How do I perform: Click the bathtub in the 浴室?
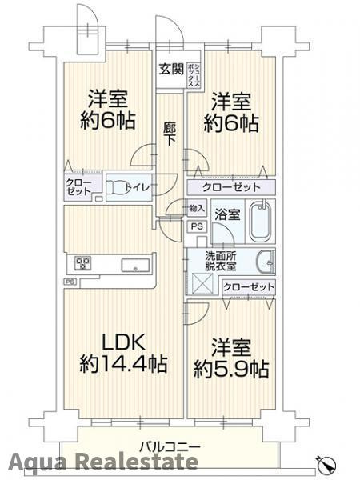262,221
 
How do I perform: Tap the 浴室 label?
227,214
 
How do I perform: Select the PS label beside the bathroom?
197,226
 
